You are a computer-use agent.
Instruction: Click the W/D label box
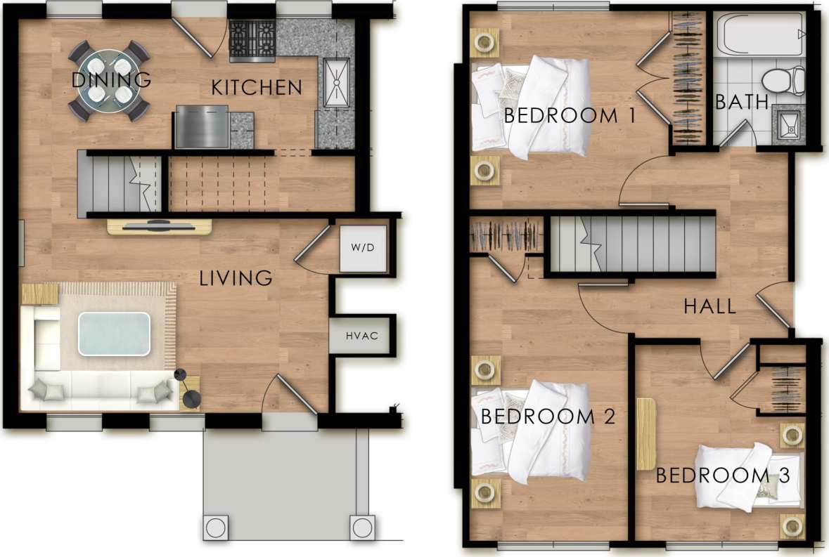click(363, 249)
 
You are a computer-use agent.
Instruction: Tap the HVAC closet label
click(362, 336)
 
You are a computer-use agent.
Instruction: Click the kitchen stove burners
click(252, 39)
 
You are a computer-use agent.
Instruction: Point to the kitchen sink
click(336, 82)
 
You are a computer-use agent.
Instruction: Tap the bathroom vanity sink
click(789, 124)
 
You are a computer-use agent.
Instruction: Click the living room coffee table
click(114, 334)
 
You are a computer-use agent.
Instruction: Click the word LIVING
click(236, 278)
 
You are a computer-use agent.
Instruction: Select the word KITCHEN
click(257, 88)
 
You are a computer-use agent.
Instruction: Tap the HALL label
click(710, 306)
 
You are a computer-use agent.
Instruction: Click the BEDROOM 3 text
click(723, 476)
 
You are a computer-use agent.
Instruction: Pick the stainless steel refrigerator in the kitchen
click(201, 126)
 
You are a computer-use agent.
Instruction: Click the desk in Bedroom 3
click(646, 434)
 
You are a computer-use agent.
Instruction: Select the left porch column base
click(216, 525)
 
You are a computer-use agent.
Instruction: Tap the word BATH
click(742, 103)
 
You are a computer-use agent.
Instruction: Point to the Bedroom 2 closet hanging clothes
click(506, 235)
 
